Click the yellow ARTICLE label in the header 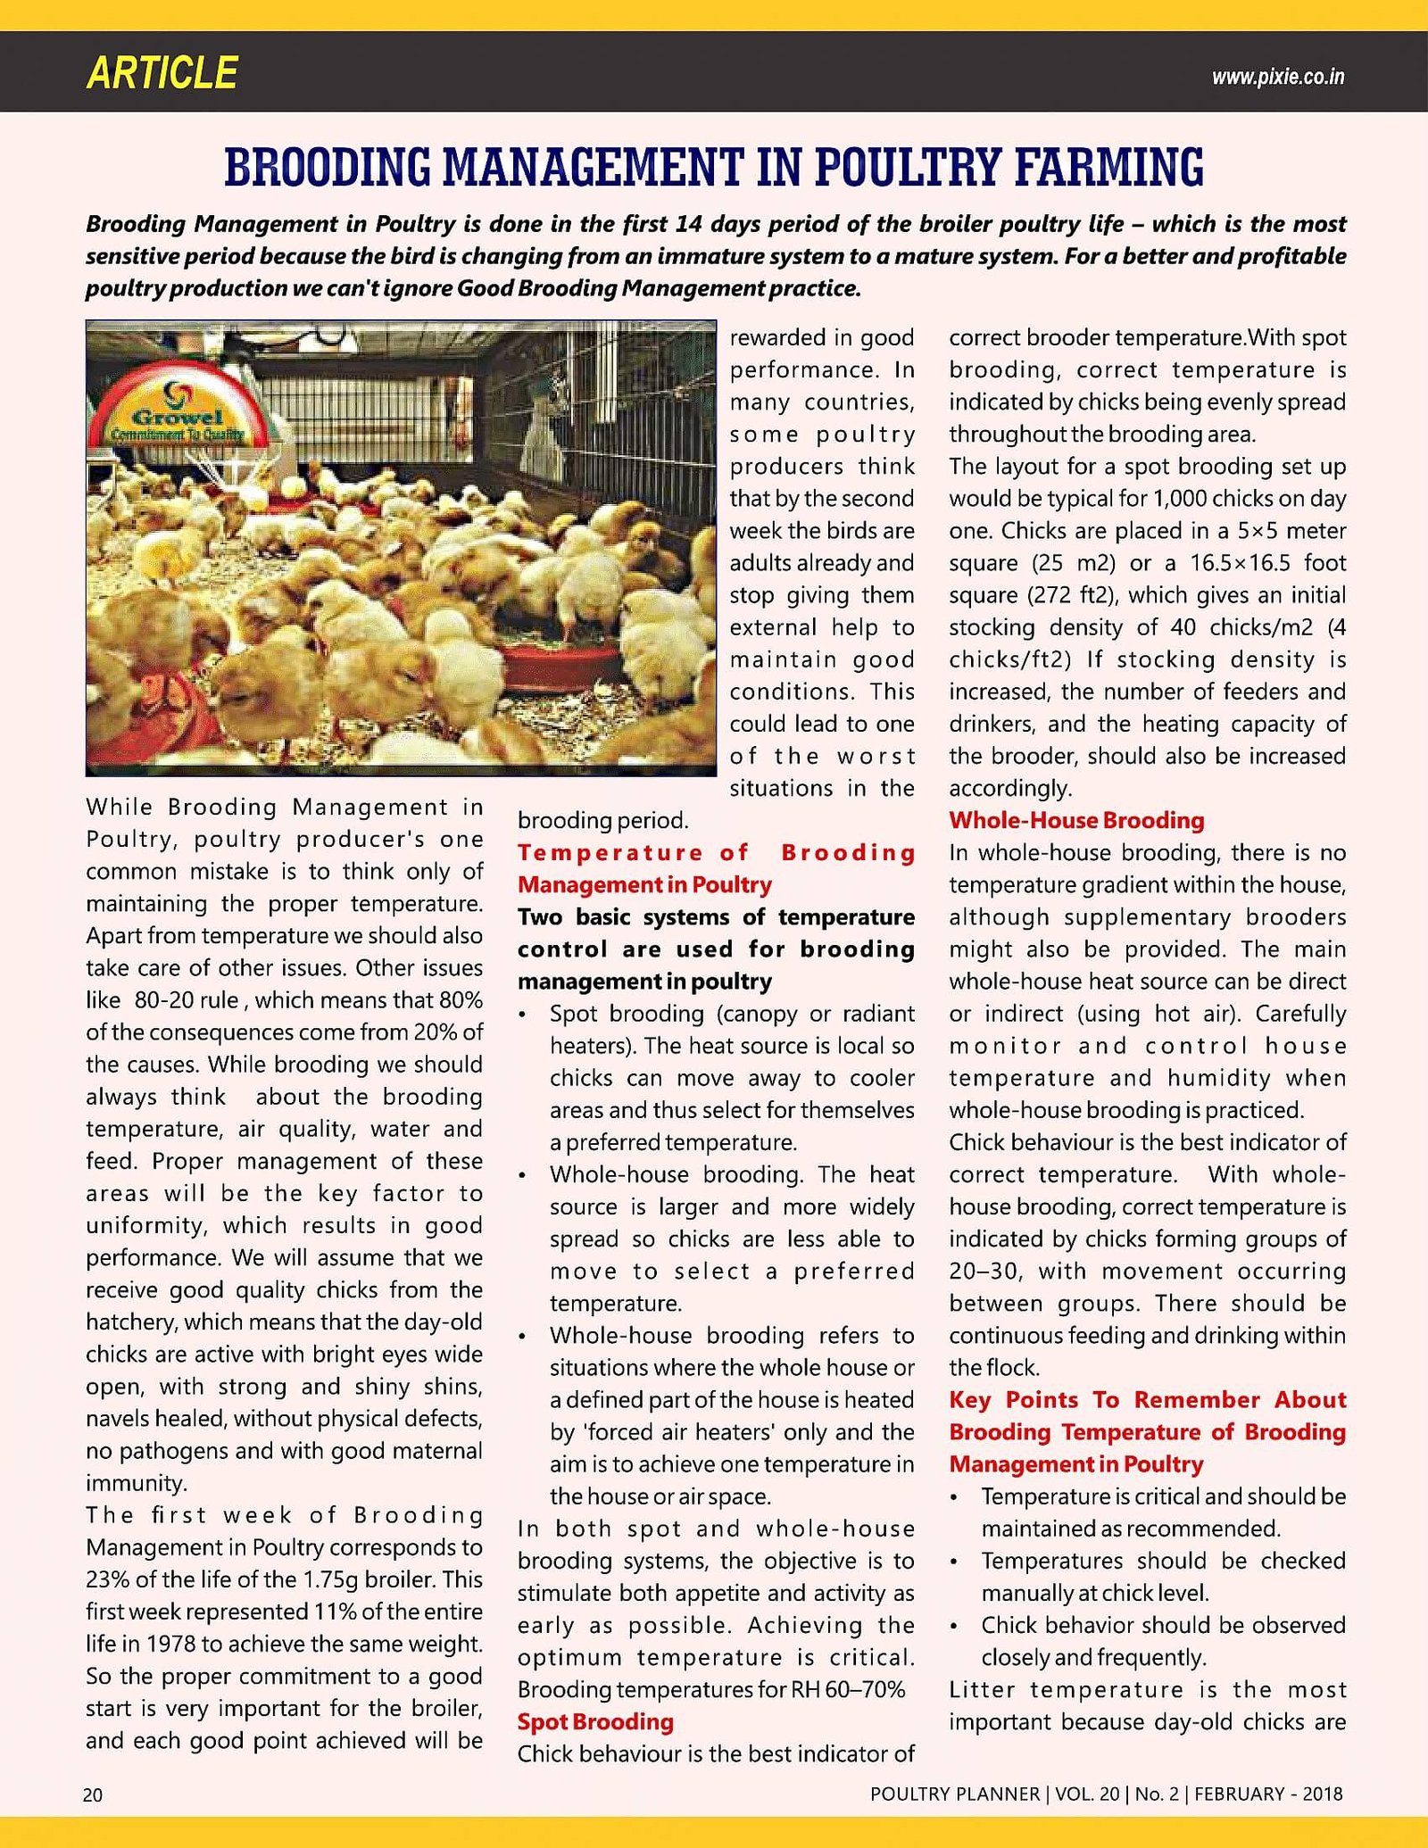tap(162, 73)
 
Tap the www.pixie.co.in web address tap(1277, 77)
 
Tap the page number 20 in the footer tap(93, 1794)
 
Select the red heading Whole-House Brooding tap(1076, 820)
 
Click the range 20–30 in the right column tap(984, 1272)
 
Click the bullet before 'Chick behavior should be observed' tap(955, 1627)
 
